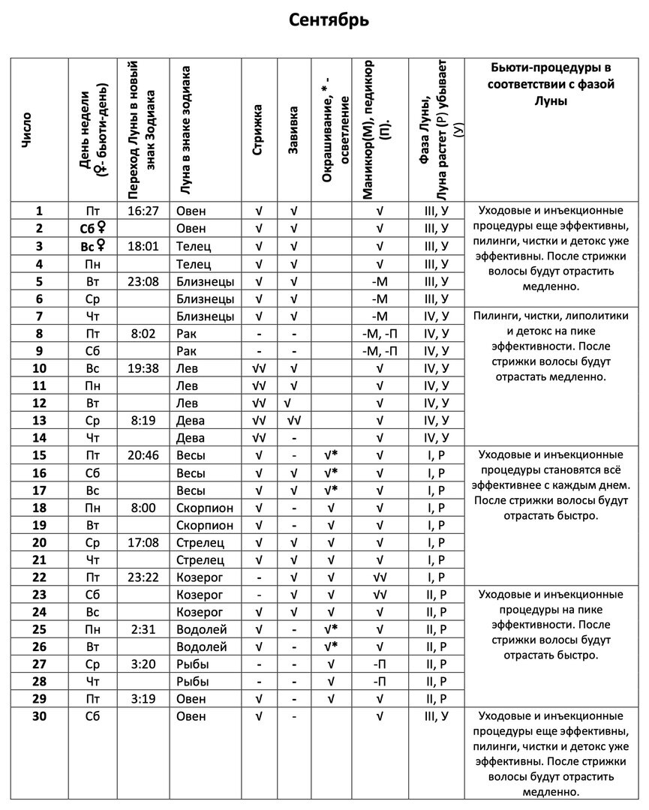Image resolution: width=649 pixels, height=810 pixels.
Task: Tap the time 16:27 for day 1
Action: pyautogui.click(x=143, y=211)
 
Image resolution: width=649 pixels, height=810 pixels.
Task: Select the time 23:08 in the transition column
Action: pyautogui.click(x=143, y=281)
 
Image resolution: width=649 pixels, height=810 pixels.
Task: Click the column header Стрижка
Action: pyautogui.click(x=259, y=129)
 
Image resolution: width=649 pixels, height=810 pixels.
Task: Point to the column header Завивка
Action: pyautogui.click(x=294, y=129)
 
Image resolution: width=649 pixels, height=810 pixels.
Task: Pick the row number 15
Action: pyautogui.click(x=40, y=455)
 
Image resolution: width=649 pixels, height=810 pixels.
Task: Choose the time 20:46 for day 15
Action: pyautogui.click(x=143, y=455)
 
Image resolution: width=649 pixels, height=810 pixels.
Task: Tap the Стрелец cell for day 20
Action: pyautogui.click(x=200, y=542)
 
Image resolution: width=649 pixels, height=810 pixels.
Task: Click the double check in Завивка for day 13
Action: pyautogui.click(x=294, y=420)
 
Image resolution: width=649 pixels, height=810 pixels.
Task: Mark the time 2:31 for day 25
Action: pyautogui.click(x=143, y=629)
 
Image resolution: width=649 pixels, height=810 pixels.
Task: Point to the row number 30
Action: pyautogui.click(x=40, y=716)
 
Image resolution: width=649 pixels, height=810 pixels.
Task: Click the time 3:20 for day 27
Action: pyautogui.click(x=143, y=664)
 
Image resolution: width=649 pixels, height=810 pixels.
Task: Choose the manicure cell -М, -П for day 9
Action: pyautogui.click(x=380, y=351)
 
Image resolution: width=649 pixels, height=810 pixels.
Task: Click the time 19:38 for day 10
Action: pyautogui.click(x=143, y=368)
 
